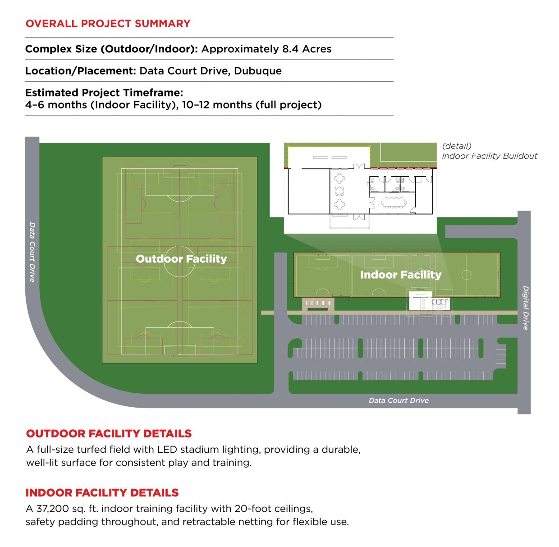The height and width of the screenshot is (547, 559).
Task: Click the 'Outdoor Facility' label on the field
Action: coord(181,259)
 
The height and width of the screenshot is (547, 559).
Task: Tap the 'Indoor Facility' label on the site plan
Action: coord(401,275)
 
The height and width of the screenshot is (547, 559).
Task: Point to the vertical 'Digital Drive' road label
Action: coord(525,308)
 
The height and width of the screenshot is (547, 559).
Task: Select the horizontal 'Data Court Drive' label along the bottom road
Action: coord(399,400)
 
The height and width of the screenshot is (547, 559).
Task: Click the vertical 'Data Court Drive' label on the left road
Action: coord(32,252)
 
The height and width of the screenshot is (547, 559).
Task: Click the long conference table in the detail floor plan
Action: coord(394,202)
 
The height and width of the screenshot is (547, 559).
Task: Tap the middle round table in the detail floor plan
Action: coord(339,191)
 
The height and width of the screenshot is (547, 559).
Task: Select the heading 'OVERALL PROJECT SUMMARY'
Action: coord(108,23)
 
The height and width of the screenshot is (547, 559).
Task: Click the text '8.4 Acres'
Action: coord(307,49)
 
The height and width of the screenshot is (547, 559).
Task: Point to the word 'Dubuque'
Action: coord(258,71)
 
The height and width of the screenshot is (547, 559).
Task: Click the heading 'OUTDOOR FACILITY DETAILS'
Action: coord(109,433)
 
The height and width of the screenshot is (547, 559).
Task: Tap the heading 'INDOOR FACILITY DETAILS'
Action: coord(102,493)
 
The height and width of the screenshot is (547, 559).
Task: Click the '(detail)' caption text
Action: coord(457,146)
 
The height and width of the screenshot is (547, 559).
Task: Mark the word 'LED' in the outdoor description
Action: coord(167,449)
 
